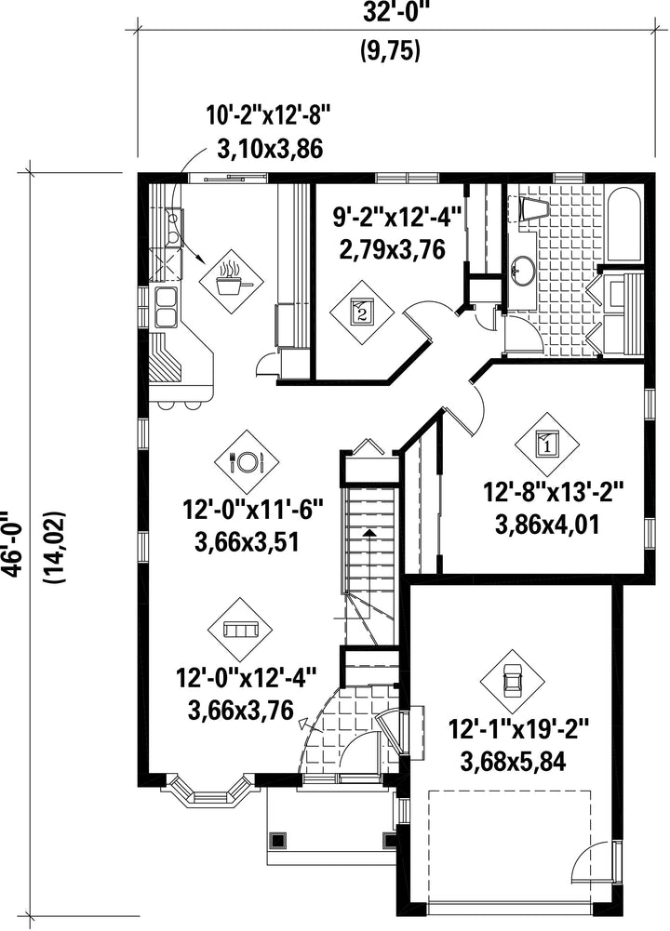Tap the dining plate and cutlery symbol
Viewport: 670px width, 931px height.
pyautogui.click(x=247, y=460)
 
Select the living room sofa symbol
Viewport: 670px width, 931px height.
pyautogui.click(x=240, y=630)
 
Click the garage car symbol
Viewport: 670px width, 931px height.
pyautogui.click(x=512, y=679)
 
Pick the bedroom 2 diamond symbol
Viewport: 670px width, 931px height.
pyautogui.click(x=362, y=313)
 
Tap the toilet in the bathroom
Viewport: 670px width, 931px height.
pyautogui.click(x=534, y=209)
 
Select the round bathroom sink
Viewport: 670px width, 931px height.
pyautogui.click(x=523, y=271)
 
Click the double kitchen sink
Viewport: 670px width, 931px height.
pyautogui.click(x=166, y=307)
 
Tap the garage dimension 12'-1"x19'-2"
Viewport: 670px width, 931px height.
pyautogui.click(x=518, y=728)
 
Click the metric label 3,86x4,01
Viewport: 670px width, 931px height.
pyautogui.click(x=546, y=525)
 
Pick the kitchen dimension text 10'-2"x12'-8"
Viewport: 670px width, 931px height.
pyautogui.click(x=267, y=115)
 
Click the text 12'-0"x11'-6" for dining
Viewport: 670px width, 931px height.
pyautogui.click(x=253, y=510)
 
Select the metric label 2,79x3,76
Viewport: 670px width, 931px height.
pyautogui.click(x=392, y=249)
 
